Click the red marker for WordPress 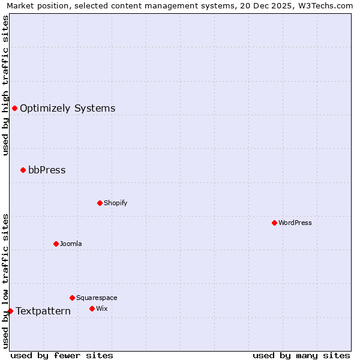[274, 223]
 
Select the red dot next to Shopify [100, 203]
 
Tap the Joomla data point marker [56, 244]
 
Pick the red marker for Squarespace [72, 298]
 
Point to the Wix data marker [92, 308]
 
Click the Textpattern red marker [10, 311]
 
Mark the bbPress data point [23, 170]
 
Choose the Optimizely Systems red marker [14, 108]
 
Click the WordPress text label [295, 223]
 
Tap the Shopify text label [116, 203]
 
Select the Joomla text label [71, 244]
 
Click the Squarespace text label [97, 298]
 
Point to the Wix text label [101, 308]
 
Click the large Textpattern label [43, 311]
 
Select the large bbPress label [47, 170]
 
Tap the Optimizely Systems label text [68, 108]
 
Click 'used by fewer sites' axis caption [62, 355]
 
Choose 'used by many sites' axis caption [301, 355]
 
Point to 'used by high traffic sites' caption [5, 85]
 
